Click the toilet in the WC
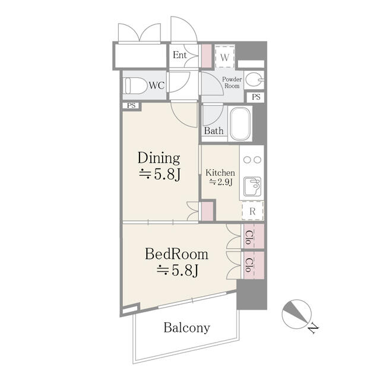pyautogui.click(x=135, y=85)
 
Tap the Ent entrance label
pyautogui.click(x=179, y=55)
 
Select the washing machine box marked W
pyautogui.click(x=224, y=57)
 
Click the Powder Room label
pyautogui.click(x=232, y=83)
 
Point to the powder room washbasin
pyautogui.click(x=254, y=79)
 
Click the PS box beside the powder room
pyautogui.click(x=256, y=97)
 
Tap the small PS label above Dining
pyautogui.click(x=131, y=106)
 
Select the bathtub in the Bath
pyautogui.click(x=240, y=124)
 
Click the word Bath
pyautogui.click(x=214, y=131)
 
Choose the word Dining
pyautogui.click(x=159, y=158)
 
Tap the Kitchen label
pyautogui.click(x=220, y=173)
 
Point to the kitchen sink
pyautogui.click(x=252, y=186)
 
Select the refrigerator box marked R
pyautogui.click(x=252, y=211)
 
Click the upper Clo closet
pyautogui.click(x=254, y=236)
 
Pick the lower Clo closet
pyautogui.click(x=254, y=265)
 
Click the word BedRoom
pyautogui.click(x=177, y=254)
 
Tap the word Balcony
pyautogui.click(x=186, y=328)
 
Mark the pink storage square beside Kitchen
pyautogui.click(x=207, y=211)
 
